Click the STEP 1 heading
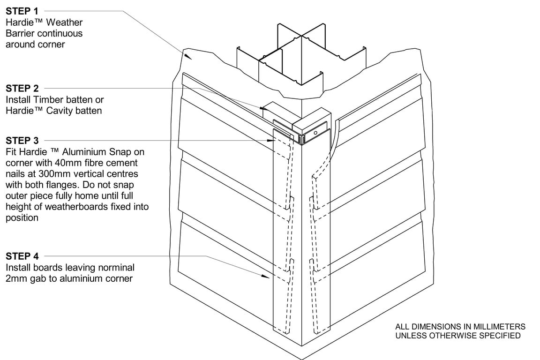coord(22,11)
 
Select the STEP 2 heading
coord(22,88)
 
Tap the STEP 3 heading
coord(22,140)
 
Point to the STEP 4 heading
coord(22,256)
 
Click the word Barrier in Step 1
coord(21,33)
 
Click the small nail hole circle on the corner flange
coord(316,133)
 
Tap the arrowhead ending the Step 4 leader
coord(269,277)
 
